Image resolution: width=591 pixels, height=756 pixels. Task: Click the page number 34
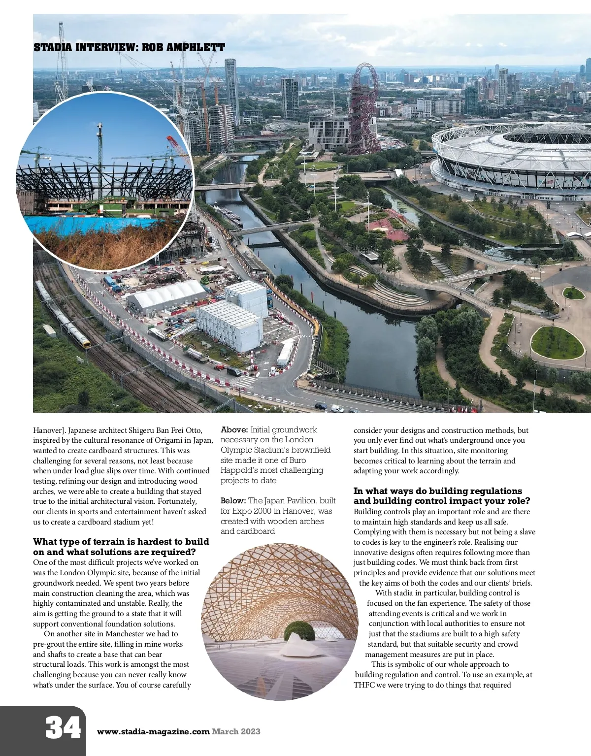(x=63, y=728)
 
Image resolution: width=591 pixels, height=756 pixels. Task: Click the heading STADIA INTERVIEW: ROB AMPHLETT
(x=129, y=48)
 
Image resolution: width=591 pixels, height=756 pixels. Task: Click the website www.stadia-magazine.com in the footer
(x=153, y=731)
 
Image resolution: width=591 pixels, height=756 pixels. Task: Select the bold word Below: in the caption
(x=233, y=501)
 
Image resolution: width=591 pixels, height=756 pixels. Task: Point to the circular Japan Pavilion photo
(x=279, y=621)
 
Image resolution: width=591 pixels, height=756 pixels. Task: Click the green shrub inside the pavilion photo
(x=298, y=631)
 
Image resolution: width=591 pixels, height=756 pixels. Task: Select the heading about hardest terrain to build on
(x=121, y=547)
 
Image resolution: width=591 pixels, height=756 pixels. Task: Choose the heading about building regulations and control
(x=441, y=496)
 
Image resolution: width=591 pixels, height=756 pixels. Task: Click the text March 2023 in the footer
(x=236, y=731)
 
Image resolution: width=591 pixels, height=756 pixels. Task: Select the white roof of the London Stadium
(x=512, y=148)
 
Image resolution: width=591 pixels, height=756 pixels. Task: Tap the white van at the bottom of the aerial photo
(x=337, y=408)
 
